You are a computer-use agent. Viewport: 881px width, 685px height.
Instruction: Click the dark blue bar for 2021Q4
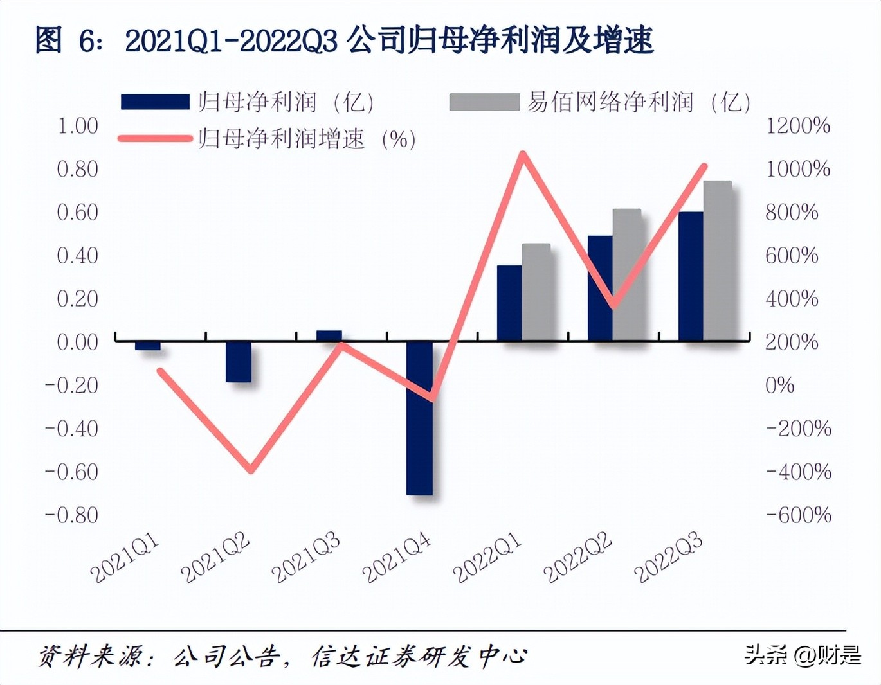[419, 418]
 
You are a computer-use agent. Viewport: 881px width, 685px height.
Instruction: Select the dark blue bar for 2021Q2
[239, 362]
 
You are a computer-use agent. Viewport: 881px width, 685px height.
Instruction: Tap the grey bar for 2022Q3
[717, 260]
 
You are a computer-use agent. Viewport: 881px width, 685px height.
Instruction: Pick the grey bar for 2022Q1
[536, 292]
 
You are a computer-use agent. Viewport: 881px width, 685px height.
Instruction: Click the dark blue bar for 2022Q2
[600, 288]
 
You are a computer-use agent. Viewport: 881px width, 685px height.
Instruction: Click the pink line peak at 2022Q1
[523, 154]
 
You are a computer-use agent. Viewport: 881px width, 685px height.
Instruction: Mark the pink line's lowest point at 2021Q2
[251, 470]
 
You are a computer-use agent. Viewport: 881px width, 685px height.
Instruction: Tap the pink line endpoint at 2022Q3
[704, 166]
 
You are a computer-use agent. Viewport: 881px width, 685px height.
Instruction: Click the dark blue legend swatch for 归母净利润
[155, 102]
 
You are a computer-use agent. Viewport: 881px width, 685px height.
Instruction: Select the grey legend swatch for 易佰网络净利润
[484, 102]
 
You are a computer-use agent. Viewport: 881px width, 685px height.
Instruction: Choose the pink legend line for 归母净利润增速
[155, 139]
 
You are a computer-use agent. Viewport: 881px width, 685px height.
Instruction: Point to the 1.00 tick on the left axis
[78, 126]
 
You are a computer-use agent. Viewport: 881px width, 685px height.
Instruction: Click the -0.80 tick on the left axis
[71, 515]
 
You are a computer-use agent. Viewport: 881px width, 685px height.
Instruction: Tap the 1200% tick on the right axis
[797, 126]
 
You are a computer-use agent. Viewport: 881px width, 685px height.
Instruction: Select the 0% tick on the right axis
[779, 386]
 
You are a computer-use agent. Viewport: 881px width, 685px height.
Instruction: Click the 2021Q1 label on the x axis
[125, 559]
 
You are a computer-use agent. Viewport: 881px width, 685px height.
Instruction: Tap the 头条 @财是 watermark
[803, 655]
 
